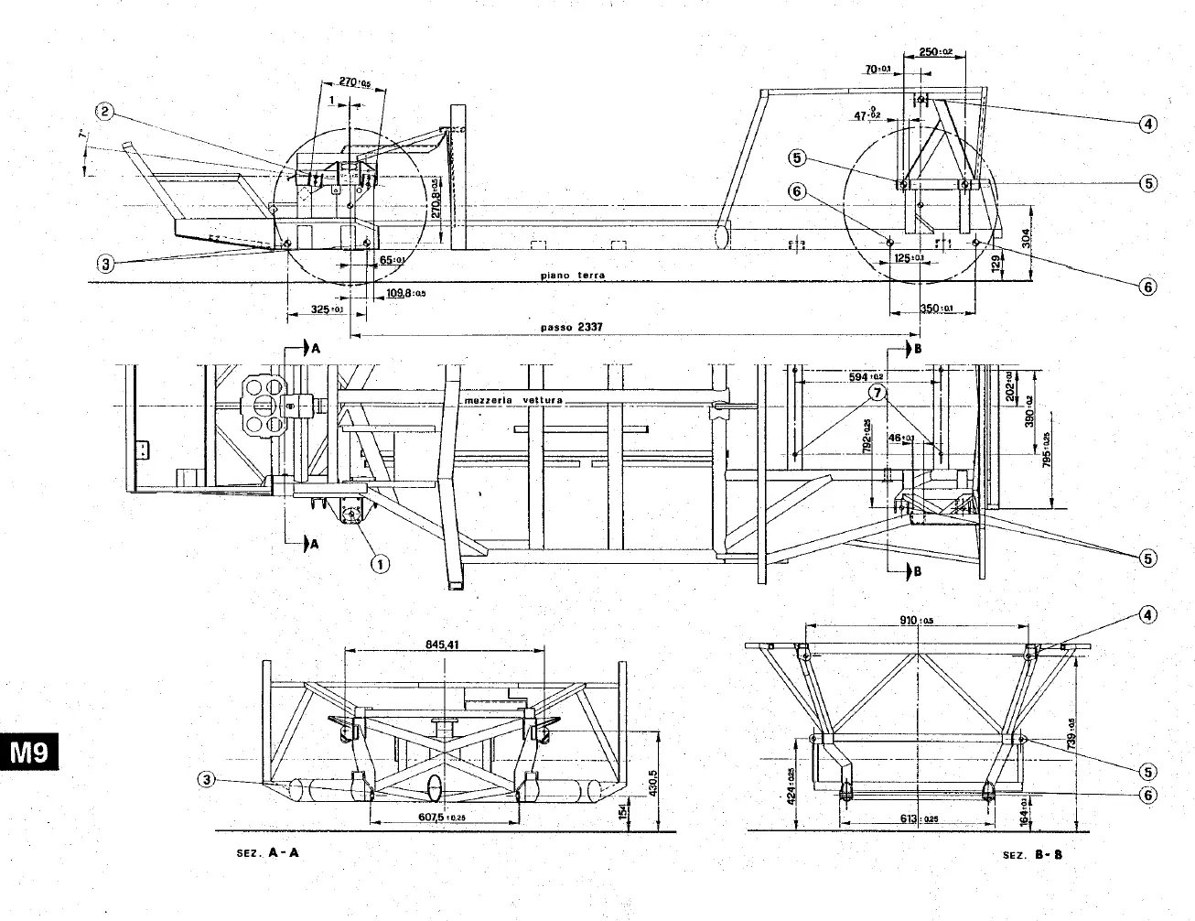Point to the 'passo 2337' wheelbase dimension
(569, 326)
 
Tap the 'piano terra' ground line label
(572, 275)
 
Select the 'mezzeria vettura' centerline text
(513, 401)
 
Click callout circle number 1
(378, 563)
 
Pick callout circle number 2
(106, 112)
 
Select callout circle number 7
(877, 393)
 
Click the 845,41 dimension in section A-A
(442, 644)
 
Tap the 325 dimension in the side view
(322, 310)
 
